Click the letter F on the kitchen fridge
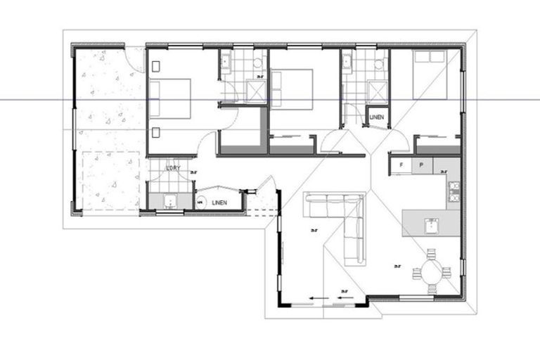pyautogui.click(x=401, y=165)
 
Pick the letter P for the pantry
pyautogui.click(x=421, y=165)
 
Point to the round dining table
pyautogui.click(x=430, y=271)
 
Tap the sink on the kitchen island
pyautogui.click(x=432, y=226)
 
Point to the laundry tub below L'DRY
pyautogui.click(x=169, y=202)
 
